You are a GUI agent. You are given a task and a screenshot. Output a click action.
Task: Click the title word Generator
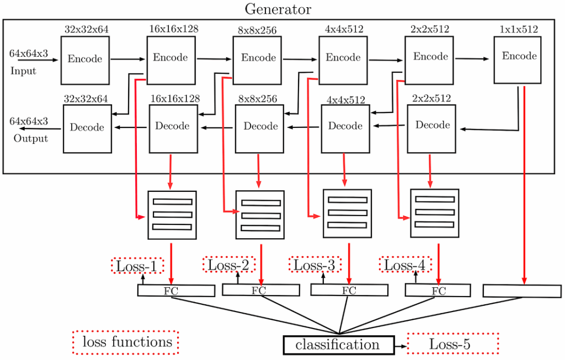[x=278, y=9]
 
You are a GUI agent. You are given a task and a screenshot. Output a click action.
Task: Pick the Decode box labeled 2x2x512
[x=431, y=128]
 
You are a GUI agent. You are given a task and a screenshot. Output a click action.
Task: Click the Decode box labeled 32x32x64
[x=87, y=128]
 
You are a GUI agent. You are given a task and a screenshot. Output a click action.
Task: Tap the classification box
[x=338, y=345]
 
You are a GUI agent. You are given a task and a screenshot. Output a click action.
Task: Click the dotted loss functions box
[x=126, y=342]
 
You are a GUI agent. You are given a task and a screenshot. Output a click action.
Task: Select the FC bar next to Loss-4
[x=439, y=291]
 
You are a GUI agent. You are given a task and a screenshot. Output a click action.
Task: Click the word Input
[x=23, y=71]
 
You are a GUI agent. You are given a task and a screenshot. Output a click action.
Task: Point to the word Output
[x=31, y=138]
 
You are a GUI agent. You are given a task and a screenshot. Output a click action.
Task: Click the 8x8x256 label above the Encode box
[x=258, y=30]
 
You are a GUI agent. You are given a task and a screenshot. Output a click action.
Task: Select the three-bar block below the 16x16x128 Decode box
[x=172, y=215]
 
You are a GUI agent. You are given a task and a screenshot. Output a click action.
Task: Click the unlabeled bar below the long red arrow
[x=522, y=291]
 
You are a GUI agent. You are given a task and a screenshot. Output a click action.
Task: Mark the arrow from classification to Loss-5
[x=400, y=346]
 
